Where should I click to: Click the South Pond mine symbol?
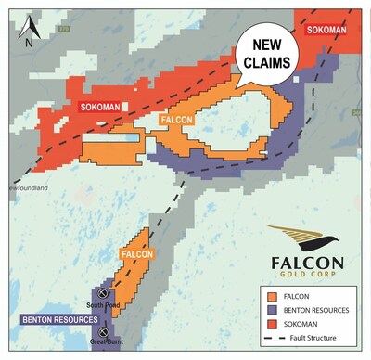point(105,289)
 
